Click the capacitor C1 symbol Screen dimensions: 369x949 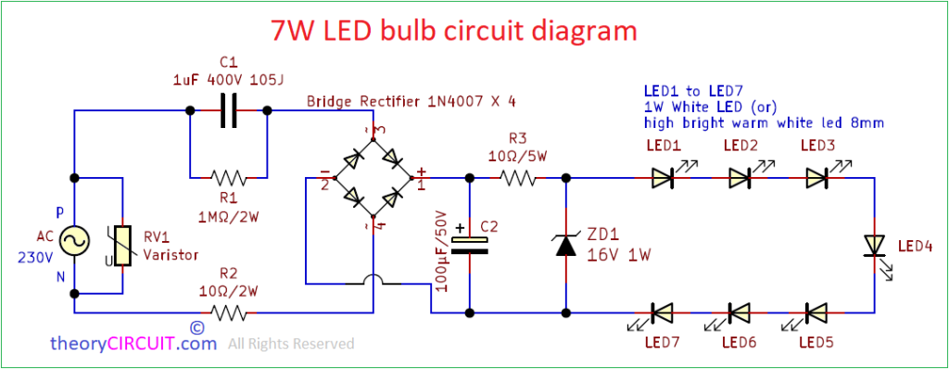click(227, 110)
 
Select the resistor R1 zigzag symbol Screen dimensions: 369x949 click(227, 176)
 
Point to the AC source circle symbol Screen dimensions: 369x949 click(74, 241)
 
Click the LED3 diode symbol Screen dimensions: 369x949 click(816, 176)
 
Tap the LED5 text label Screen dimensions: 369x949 click(816, 343)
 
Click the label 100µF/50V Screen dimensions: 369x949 click(441, 252)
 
